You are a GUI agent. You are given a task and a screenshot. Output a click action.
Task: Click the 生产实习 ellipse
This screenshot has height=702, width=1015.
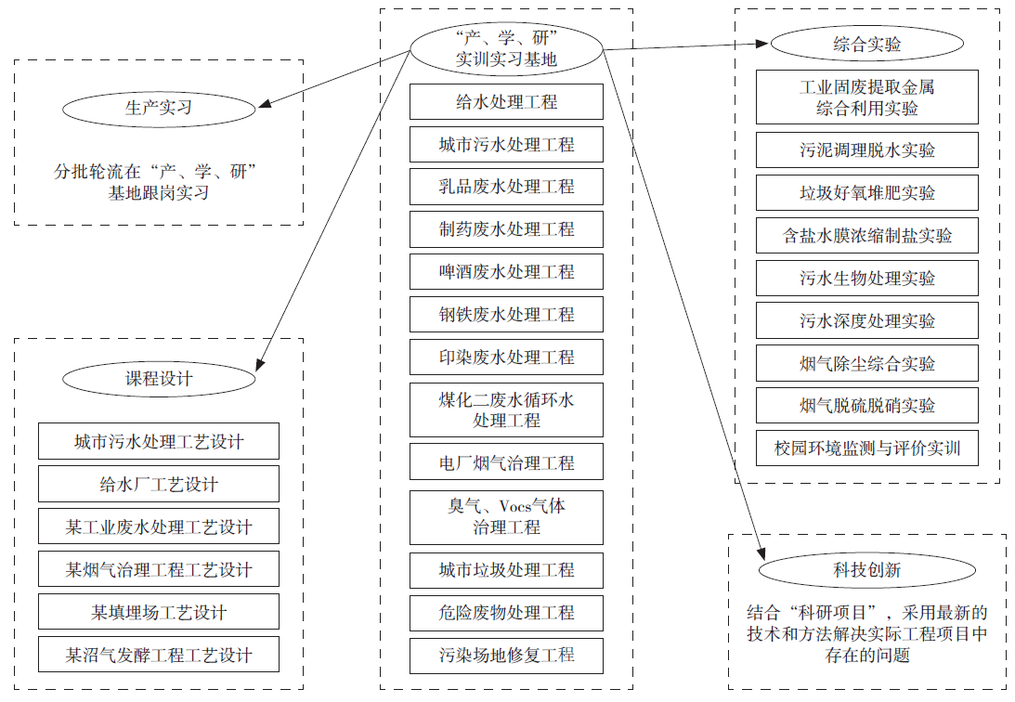coord(159,109)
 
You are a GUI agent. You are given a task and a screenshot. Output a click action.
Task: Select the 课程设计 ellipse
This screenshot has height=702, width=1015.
coord(159,379)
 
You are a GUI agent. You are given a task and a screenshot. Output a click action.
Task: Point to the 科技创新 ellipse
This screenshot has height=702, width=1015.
coord(866,570)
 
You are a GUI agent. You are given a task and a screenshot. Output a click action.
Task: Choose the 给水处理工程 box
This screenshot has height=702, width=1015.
coord(506,101)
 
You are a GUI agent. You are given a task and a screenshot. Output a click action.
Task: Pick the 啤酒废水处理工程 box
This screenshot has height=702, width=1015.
coord(506,272)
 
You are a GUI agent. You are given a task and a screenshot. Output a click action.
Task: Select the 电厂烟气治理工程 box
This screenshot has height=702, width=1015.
coord(506,462)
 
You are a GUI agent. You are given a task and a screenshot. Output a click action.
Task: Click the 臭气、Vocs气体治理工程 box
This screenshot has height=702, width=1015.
coord(506,516)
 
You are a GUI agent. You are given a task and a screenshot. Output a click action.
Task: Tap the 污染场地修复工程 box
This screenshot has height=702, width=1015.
coord(506,656)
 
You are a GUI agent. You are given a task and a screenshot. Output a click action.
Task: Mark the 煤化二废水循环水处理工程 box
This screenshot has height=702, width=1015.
coord(506,409)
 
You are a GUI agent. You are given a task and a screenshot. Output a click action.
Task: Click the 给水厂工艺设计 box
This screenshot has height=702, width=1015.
coord(159,485)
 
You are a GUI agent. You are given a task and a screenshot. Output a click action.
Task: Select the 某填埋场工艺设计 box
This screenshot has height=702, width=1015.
coord(159,613)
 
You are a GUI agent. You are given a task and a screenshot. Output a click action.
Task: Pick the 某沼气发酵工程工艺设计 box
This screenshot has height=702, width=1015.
coord(159,656)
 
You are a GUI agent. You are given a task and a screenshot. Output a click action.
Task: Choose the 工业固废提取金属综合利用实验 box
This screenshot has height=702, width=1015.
coord(866,97)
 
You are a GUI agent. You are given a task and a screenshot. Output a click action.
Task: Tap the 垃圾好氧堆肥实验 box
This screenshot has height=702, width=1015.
coord(866,193)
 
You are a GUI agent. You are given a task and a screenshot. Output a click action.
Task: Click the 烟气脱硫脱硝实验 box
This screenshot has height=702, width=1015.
coord(866,406)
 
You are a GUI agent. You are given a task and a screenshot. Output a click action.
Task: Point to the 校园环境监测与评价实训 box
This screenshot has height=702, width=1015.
coord(866,448)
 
